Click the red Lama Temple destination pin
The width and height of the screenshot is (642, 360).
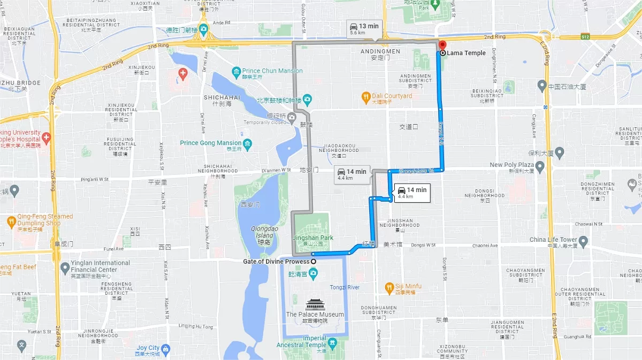[x=442, y=45]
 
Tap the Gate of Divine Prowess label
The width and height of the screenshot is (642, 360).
[x=276, y=262]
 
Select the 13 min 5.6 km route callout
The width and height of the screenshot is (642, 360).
[x=364, y=29]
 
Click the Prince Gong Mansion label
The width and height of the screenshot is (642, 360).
[x=210, y=143]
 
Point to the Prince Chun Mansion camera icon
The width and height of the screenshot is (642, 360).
[x=236, y=71]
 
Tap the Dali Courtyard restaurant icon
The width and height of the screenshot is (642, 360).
[x=366, y=96]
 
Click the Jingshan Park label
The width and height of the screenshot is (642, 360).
[x=312, y=238]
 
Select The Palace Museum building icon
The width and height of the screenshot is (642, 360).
[x=315, y=305]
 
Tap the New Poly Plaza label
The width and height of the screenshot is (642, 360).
[x=511, y=165]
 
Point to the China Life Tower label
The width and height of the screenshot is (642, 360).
[x=553, y=240]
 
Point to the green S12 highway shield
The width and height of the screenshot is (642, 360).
[x=585, y=37]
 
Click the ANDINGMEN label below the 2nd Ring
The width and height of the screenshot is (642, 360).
[x=380, y=51]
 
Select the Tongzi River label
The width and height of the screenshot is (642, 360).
[x=345, y=287]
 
